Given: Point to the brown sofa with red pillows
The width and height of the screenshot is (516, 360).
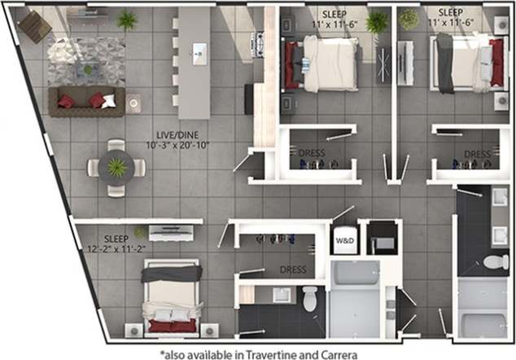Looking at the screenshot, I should [85, 101].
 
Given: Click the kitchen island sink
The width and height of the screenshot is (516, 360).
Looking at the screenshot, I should [198, 53].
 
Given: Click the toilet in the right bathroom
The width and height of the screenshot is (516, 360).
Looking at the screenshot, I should [494, 261].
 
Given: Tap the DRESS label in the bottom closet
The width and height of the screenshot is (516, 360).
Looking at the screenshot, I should [292, 269].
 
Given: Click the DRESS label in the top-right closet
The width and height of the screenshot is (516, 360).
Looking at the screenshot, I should [477, 153].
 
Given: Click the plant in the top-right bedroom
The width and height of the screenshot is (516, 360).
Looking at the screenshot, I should [408, 19].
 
